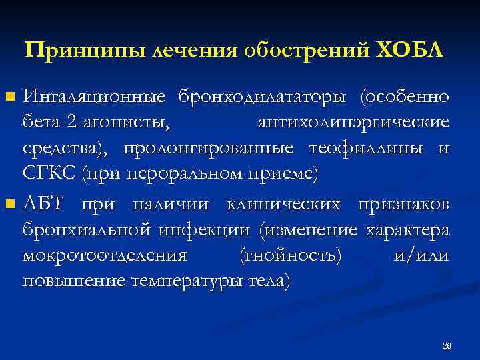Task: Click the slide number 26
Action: (x=447, y=346)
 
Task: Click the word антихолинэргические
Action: (x=353, y=123)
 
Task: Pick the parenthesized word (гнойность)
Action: (x=290, y=256)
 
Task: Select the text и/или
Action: (x=421, y=256)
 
